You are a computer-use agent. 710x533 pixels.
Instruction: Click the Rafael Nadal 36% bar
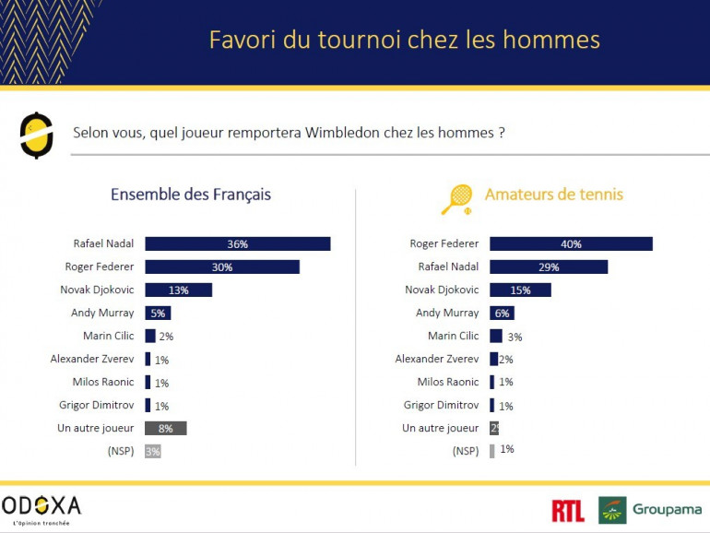coord(237,244)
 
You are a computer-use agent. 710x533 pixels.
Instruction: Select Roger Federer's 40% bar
coord(571,244)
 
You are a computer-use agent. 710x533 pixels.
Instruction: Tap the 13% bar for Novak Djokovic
coord(178,290)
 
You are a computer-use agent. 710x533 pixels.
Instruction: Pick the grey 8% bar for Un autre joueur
coord(165,428)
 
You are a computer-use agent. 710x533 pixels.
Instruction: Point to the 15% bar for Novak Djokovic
coord(520,290)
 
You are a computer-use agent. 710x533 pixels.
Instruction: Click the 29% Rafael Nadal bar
coord(549,267)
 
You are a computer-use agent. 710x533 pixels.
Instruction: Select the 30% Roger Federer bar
coord(221,267)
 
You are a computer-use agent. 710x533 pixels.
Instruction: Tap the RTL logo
coord(568,510)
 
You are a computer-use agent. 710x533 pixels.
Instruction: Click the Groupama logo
coord(649,510)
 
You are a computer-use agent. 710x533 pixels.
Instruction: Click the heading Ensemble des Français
coord(191,195)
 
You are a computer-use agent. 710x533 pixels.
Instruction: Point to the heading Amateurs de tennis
coord(553,195)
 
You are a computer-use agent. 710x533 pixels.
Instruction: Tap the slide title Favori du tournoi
coord(404,40)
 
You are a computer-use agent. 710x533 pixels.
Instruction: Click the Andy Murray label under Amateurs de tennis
coord(447,314)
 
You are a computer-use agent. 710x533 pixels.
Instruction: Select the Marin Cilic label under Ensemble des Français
coord(108,336)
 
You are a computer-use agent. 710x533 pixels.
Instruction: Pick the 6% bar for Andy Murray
coord(502,314)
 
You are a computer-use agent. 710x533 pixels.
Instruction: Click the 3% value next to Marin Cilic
coord(515,337)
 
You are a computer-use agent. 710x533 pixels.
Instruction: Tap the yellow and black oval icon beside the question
coord(36,135)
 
